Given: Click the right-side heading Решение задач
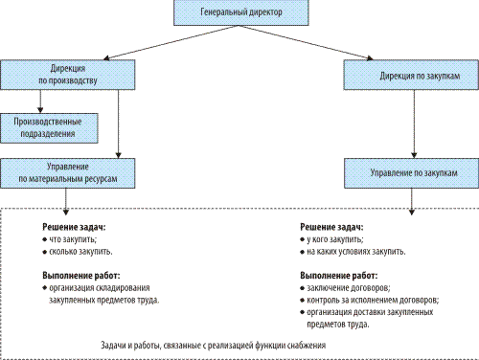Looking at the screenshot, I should pyautogui.click(x=335, y=228).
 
